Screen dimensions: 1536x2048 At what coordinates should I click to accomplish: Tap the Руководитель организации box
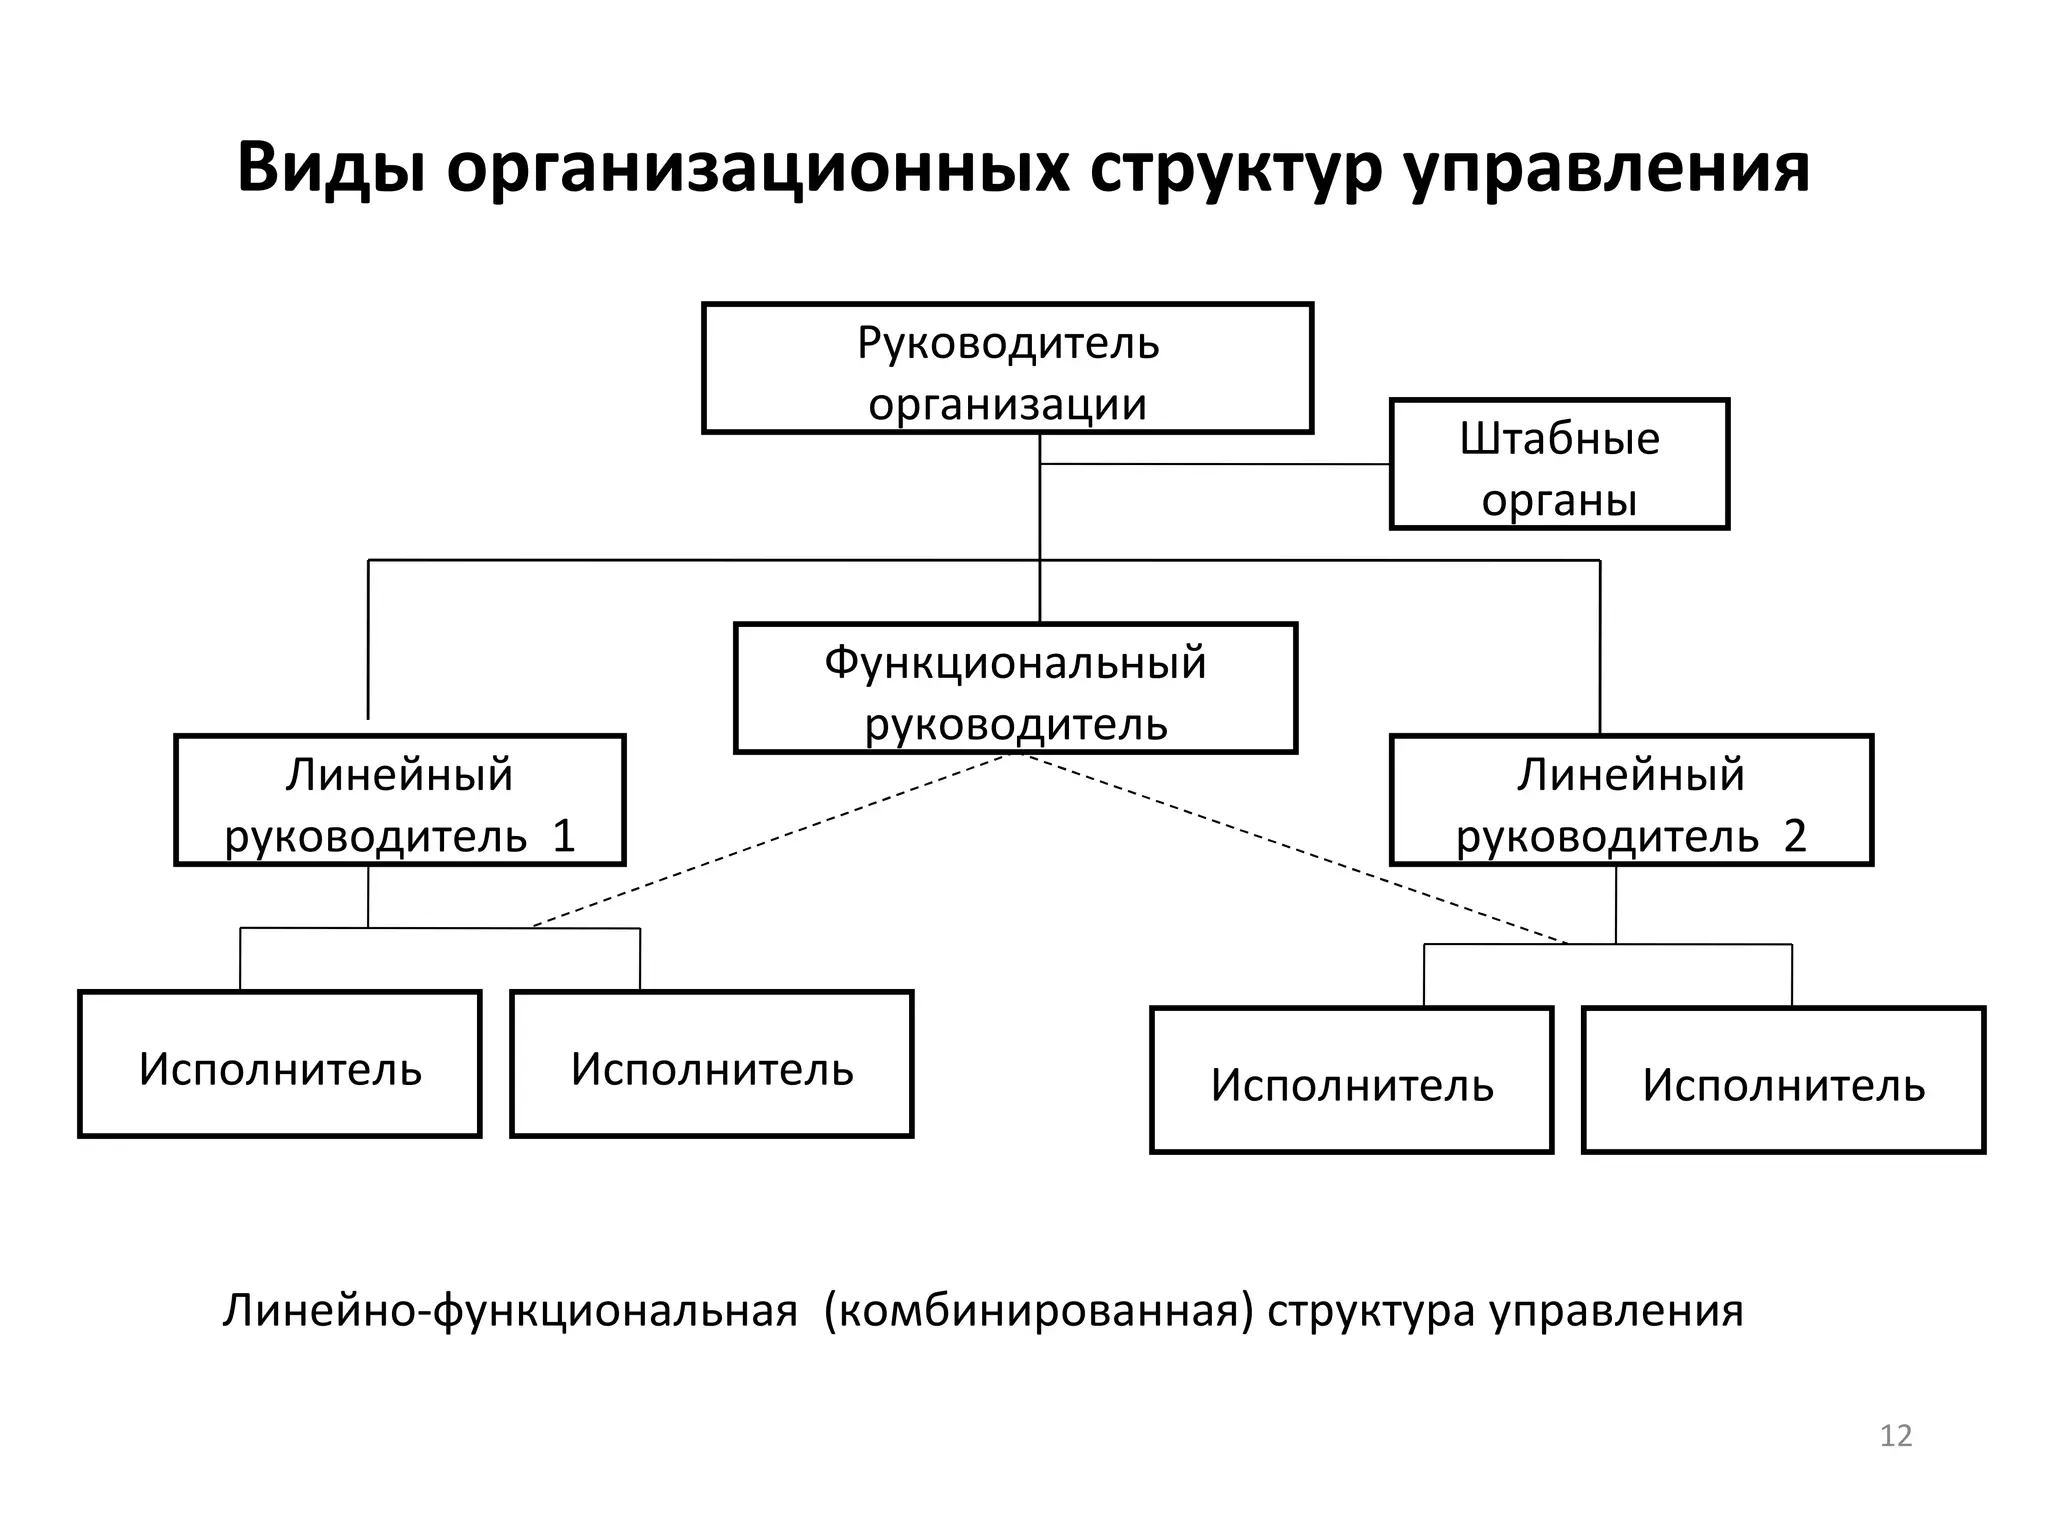1007,368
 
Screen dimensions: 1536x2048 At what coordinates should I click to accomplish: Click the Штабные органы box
1559,464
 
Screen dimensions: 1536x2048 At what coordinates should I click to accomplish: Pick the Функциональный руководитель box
1015,688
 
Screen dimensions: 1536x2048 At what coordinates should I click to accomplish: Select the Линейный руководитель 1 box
400,800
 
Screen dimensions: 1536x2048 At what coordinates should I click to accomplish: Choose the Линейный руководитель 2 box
1631,800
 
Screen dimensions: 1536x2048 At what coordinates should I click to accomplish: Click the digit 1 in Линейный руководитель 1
565,836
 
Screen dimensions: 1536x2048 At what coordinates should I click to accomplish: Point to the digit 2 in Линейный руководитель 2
1795,836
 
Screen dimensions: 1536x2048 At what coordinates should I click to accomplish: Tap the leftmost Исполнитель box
280,1064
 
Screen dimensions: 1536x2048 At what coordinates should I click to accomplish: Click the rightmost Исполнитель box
1783,1080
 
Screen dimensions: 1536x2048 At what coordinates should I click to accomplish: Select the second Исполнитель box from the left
712,1064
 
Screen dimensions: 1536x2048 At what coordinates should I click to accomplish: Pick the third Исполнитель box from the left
1352,1080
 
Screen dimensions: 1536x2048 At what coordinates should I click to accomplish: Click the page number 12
1895,1436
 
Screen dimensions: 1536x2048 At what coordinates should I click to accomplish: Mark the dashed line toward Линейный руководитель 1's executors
770,840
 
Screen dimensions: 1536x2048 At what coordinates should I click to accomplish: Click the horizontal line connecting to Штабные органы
1215,464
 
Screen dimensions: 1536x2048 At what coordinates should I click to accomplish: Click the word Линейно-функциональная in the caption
510,1311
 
